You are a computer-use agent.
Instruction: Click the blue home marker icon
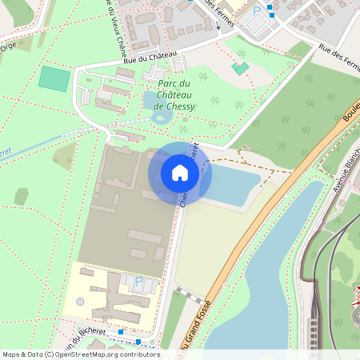180,173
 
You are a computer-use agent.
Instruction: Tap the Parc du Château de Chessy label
174,94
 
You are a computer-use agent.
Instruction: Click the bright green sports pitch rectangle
54,78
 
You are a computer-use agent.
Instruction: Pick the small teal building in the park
239,68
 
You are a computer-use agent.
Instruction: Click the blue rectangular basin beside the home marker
228,186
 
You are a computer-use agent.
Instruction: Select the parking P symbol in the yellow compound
139,282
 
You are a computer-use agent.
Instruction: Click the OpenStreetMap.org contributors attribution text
114,354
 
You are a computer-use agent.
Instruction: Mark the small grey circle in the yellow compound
81,302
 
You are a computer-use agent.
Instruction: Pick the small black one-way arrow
217,26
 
